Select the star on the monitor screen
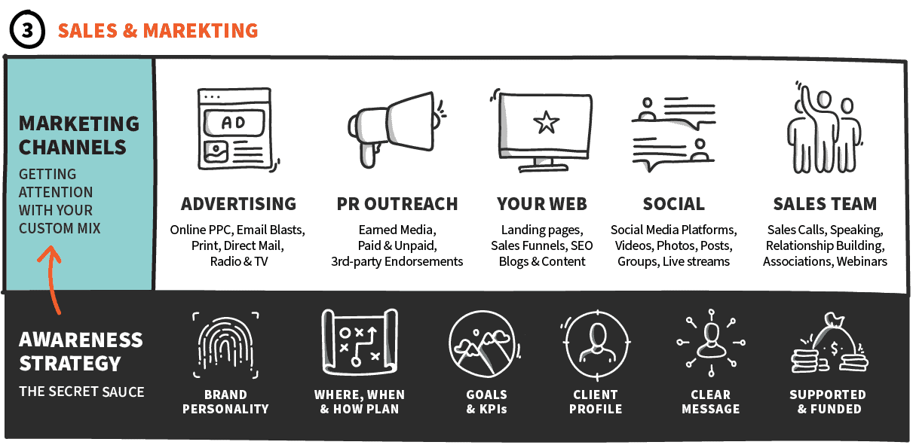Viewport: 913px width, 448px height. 546,123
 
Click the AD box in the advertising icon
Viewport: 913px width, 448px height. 233,122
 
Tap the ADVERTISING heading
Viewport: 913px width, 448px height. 238,204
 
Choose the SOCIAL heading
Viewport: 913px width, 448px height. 673,204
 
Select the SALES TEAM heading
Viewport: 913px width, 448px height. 825,204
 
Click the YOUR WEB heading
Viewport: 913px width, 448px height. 541,204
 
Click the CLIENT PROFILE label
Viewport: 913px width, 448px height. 596,402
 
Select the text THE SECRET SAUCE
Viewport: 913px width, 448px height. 81,392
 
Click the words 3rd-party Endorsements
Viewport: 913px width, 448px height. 397,261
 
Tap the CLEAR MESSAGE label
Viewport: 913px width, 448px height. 710,402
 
